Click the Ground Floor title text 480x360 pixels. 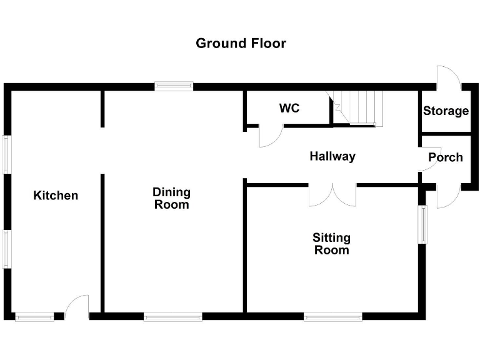pos(241,43)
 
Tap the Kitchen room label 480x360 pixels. pos(56,196)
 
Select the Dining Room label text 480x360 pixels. pos(171,198)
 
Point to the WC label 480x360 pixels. pos(289,108)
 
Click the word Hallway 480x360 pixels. pos(332,156)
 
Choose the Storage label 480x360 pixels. pos(446,111)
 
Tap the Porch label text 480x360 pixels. pos(445,157)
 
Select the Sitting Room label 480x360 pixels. pos(331,244)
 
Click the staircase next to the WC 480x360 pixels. pos(357,108)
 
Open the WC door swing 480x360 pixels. pos(271,136)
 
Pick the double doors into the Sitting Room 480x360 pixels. pos(332,194)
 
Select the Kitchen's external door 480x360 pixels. pos(76,307)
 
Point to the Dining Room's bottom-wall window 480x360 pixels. pos(172,317)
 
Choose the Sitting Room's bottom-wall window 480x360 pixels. pos(333,317)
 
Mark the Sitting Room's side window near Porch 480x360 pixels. pos(423,224)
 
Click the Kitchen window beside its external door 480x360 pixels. pos(34,317)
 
